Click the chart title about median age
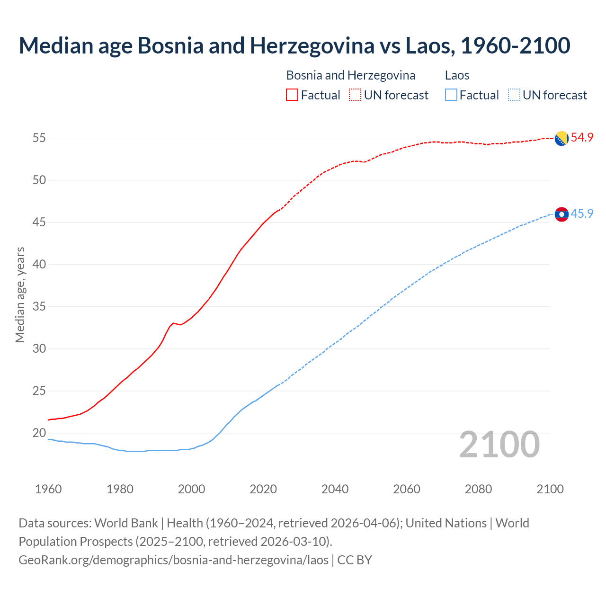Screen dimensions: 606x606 [294, 45]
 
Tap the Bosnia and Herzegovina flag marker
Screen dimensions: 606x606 [561, 138]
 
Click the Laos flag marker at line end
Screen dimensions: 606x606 [561, 214]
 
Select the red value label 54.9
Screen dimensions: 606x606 [582, 138]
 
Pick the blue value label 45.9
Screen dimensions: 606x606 [582, 214]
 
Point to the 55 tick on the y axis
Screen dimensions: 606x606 [39, 138]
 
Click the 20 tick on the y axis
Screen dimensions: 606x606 [39, 433]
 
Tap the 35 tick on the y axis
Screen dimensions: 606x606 [39, 306]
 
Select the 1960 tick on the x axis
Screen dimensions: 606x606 [48, 489]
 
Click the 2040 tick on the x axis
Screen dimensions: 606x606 [335, 489]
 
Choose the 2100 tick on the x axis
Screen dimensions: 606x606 [550, 489]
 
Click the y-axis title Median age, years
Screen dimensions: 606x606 [20, 294]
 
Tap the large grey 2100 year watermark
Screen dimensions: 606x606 [499, 445]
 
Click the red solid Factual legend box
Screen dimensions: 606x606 [292, 95]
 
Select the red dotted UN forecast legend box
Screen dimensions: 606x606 [355, 95]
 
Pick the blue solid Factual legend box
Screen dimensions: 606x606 [451, 95]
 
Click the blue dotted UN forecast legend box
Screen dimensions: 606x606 [514, 95]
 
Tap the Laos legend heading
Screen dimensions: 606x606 [457, 75]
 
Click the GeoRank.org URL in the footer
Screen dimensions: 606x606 [173, 560]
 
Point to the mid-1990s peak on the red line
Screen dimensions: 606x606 [173, 323]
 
